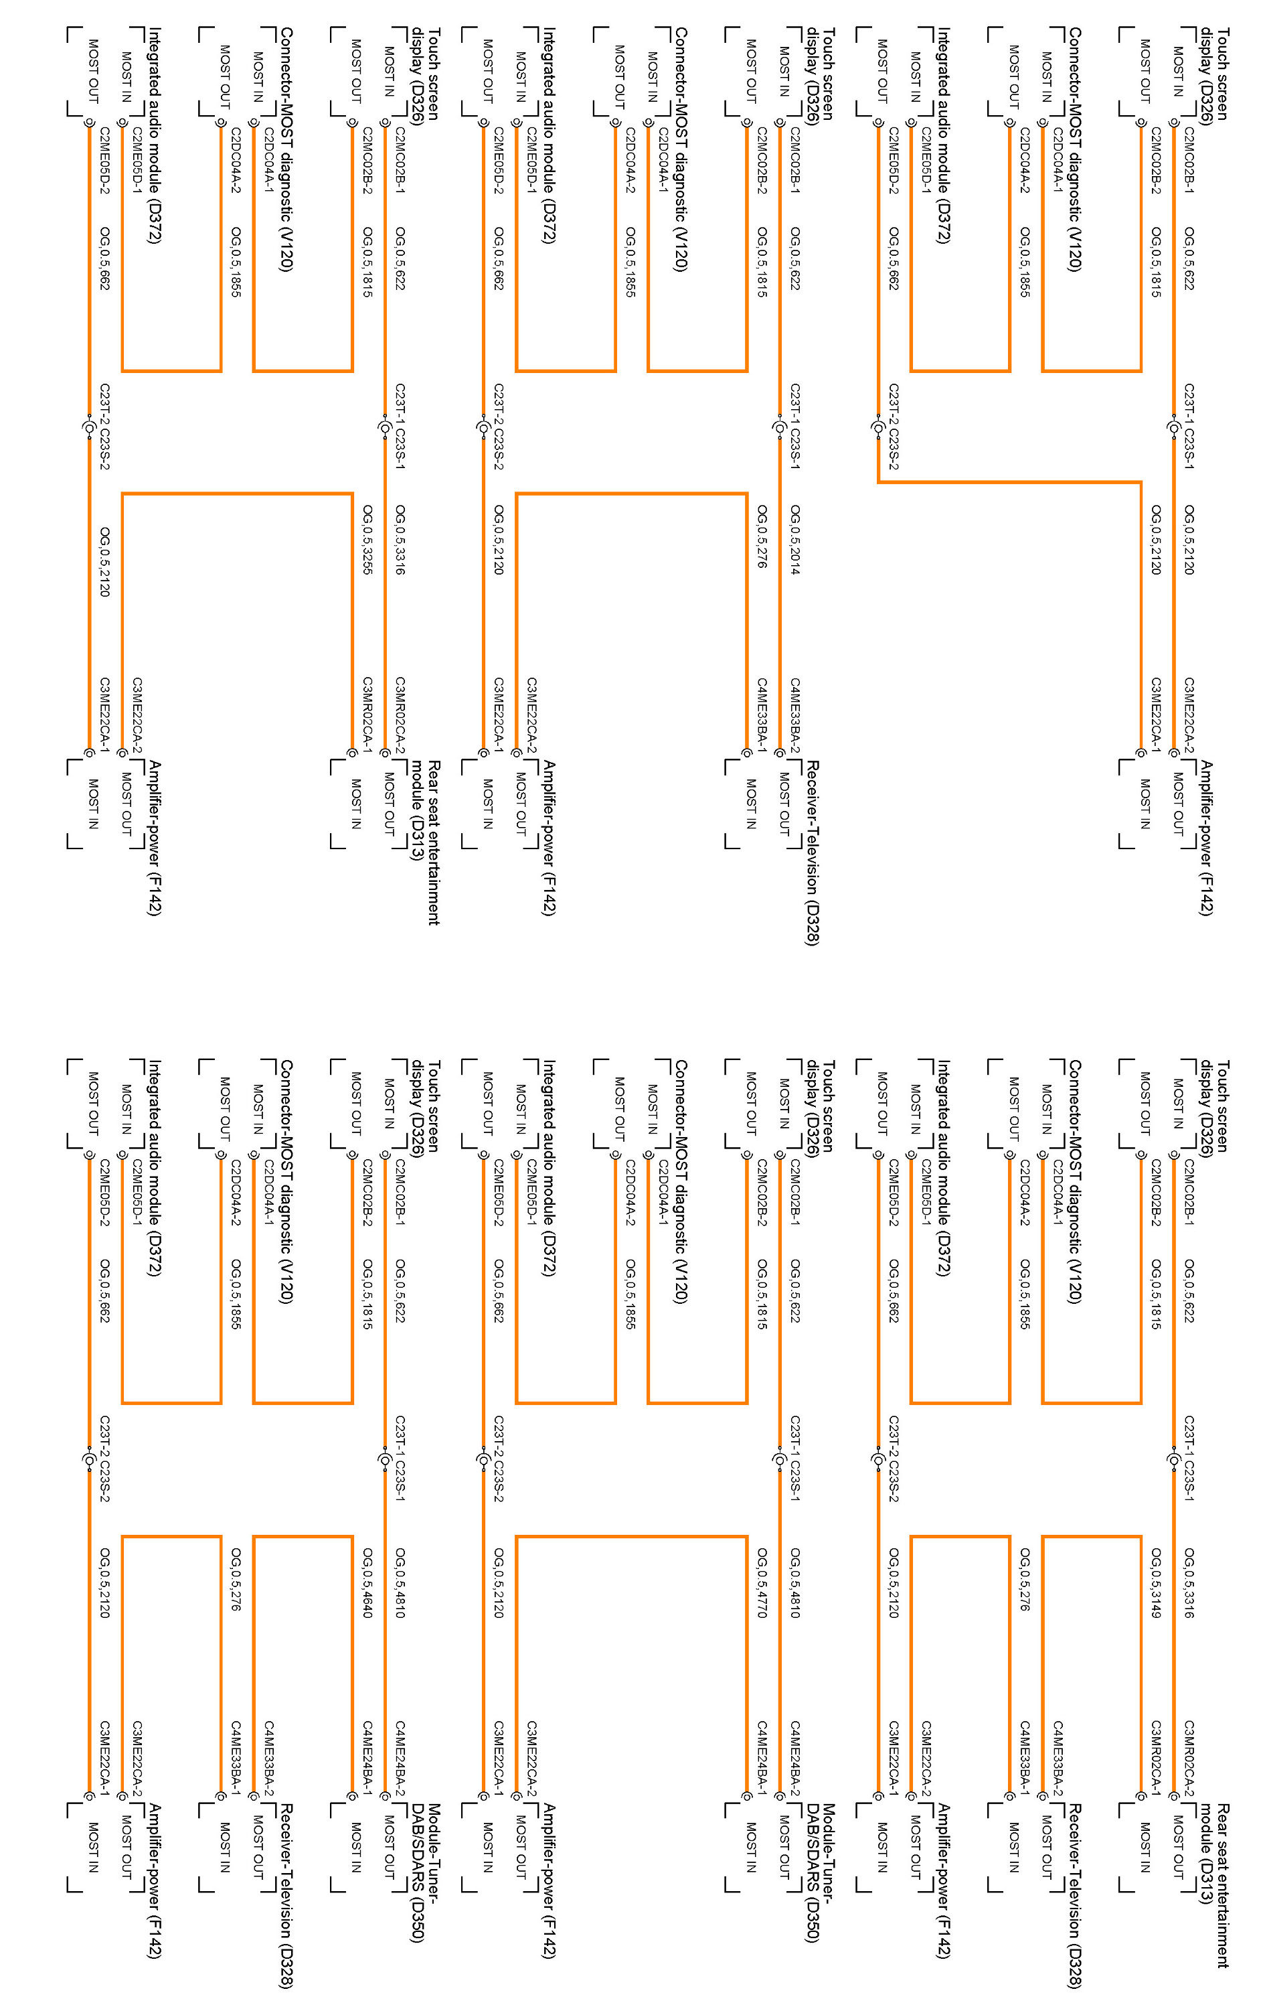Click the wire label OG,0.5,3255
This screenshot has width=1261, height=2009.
tap(367, 539)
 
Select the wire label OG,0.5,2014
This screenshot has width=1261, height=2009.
tap(794, 539)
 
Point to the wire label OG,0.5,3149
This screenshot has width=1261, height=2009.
tap(1156, 1582)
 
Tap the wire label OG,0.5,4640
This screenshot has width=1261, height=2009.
tap(367, 1582)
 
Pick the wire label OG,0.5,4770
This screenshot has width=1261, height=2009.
tap(762, 1582)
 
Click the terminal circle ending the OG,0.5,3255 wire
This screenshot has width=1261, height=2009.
tap(352, 753)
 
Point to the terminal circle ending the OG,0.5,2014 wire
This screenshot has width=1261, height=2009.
tap(780, 753)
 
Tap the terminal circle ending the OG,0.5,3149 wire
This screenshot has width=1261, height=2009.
tap(1141, 1796)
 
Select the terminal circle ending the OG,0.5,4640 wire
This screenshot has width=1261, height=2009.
tap(352, 1796)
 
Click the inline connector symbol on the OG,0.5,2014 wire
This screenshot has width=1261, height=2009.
tap(780, 428)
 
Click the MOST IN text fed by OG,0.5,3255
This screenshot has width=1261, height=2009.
tap(356, 803)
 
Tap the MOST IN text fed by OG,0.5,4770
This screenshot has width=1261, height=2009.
tap(750, 1846)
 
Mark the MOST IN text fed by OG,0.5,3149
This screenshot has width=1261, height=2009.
tap(1145, 1846)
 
